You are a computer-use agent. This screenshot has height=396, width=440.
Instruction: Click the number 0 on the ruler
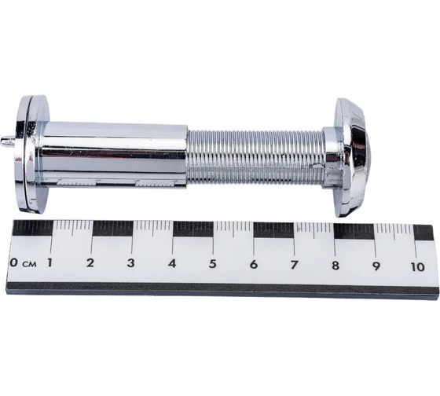click(14, 262)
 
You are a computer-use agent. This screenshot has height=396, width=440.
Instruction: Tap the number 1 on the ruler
click(49, 262)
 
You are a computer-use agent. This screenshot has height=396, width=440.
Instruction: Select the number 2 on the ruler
click(90, 263)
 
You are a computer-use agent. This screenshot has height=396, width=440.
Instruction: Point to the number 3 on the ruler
click(130, 263)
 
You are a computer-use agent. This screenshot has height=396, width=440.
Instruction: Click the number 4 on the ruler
click(172, 263)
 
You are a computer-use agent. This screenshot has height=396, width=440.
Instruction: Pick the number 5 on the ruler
click(212, 264)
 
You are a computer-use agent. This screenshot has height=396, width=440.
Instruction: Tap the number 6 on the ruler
click(254, 265)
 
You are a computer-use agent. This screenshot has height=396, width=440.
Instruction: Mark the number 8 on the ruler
click(335, 266)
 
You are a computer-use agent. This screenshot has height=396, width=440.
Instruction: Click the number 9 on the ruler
click(376, 266)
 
